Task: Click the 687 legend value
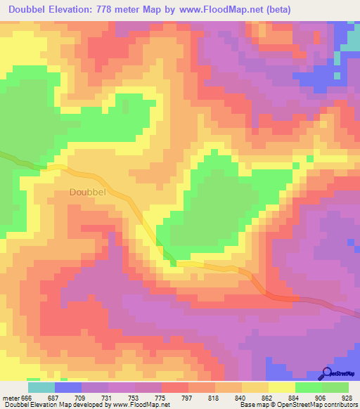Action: pos(54,398)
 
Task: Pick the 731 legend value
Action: pos(108,398)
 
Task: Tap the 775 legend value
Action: pos(161,398)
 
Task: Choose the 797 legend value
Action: pos(188,398)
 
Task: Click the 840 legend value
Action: pos(241,398)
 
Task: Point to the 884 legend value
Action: pos(295,398)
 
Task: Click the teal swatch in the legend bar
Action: pos(41,387)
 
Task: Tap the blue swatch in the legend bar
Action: pos(67,387)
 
